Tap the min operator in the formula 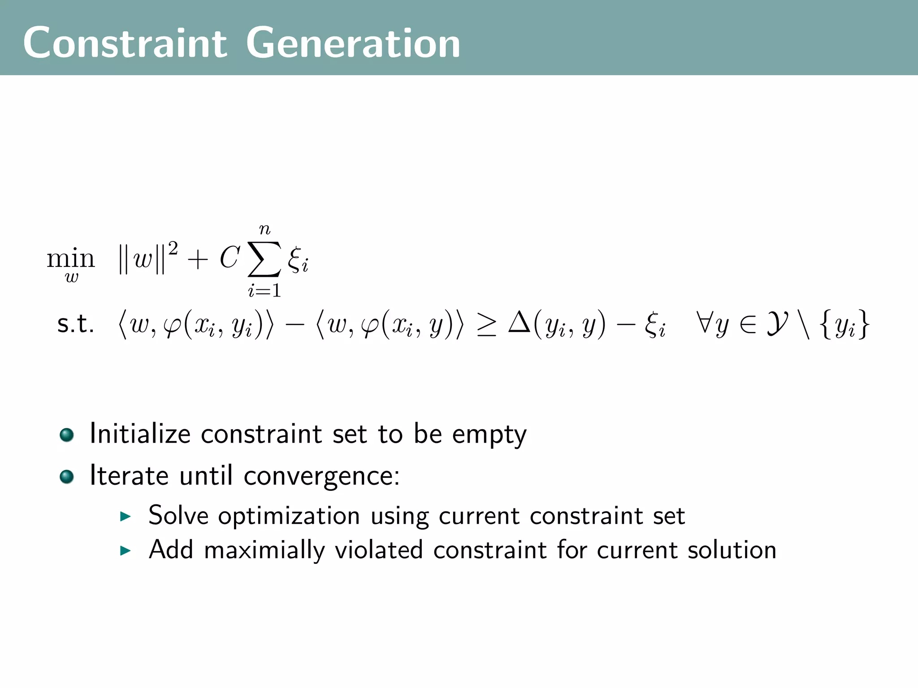click(71, 259)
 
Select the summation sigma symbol click(264, 259)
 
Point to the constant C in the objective click(229, 258)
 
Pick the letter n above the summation click(265, 230)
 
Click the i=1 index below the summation click(264, 291)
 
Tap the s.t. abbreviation click(75, 324)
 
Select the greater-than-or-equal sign click(486, 326)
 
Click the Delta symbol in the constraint click(520, 323)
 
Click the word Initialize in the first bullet click(140, 434)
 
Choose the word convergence click(321, 476)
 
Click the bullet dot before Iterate click(67, 477)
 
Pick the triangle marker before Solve click(125, 516)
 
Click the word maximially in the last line click(264, 550)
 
